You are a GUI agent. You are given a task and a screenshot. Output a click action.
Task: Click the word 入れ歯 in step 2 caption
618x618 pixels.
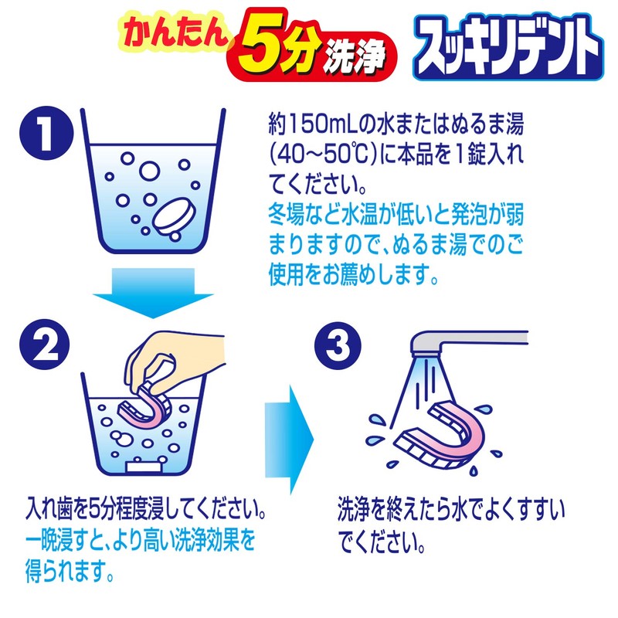45,513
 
